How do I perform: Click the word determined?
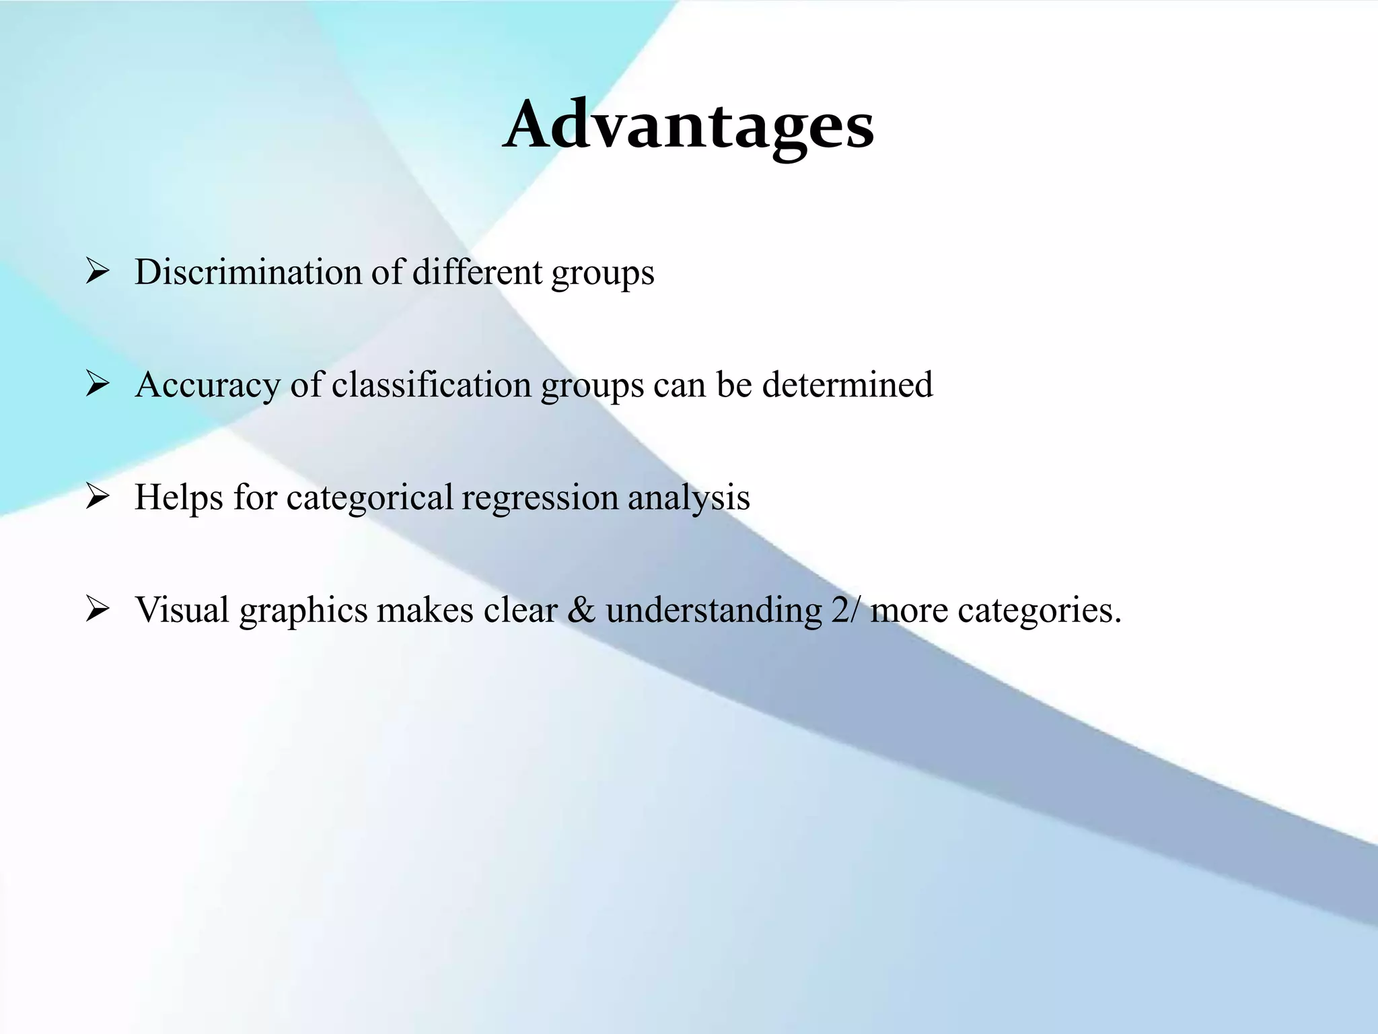(847, 385)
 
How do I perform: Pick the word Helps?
(179, 497)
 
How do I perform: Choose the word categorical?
(370, 497)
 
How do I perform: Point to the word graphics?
(303, 611)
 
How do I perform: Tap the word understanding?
(714, 610)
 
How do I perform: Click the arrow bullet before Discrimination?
(98, 273)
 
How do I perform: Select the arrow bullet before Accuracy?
(98, 385)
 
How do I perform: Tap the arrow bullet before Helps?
(98, 497)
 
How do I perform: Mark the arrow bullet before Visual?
(98, 610)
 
